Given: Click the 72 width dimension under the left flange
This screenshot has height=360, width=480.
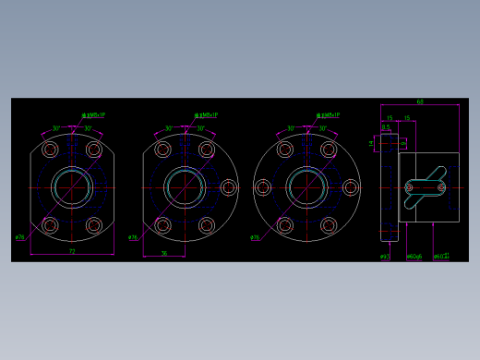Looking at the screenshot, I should [72, 251].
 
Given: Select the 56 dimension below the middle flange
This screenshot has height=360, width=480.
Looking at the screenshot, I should [164, 254].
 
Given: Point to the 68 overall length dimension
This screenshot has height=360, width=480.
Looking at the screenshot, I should [420, 102].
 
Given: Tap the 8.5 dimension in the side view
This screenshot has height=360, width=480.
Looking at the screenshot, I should [386, 127].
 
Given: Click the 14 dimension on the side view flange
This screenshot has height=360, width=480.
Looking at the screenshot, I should [372, 143].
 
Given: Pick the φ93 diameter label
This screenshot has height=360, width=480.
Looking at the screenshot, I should [385, 257].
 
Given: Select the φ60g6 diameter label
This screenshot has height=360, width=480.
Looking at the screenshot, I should [414, 257].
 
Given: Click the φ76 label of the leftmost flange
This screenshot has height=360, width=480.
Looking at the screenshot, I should [20, 237].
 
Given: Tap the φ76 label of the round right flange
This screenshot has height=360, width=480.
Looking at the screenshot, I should [256, 237].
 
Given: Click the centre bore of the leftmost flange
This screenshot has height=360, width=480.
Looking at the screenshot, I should [72, 187].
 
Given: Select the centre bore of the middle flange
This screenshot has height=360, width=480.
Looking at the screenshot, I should [185, 187].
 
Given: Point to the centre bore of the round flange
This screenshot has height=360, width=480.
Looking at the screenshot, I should [306, 187].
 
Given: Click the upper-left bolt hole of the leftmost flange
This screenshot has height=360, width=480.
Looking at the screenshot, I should [50, 150].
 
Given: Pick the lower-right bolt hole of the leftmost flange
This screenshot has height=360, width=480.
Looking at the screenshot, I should [94, 225].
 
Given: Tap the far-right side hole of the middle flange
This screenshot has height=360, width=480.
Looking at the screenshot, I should [228, 187].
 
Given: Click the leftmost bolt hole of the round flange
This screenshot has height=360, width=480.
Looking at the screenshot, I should [263, 187].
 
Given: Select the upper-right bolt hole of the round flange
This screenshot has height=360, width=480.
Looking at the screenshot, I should [329, 150].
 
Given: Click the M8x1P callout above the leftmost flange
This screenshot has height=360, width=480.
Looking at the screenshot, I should [94, 115].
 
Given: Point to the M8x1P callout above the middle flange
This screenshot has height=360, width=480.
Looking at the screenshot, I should [207, 115].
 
